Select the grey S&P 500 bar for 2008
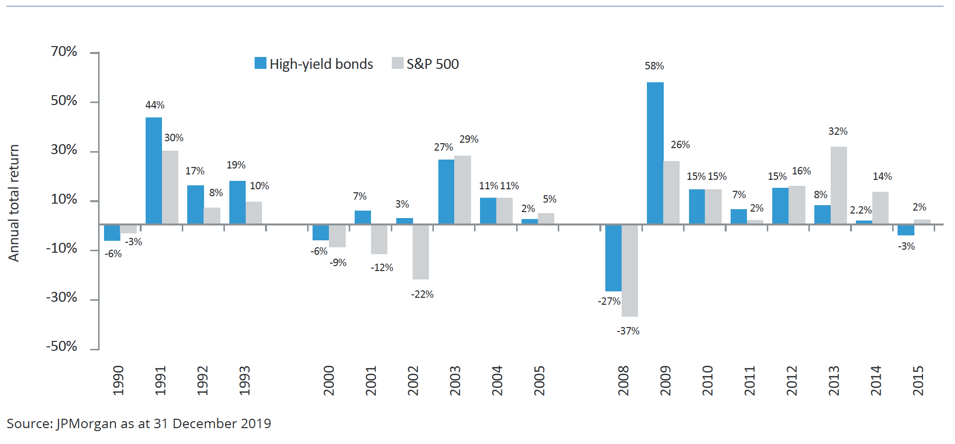point(630,271)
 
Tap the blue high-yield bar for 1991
point(154,170)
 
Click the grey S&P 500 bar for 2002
point(421,252)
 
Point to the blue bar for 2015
point(905,230)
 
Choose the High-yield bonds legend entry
point(314,64)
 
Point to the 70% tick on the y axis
point(64,52)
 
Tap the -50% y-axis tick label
point(61,346)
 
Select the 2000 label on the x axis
point(329,381)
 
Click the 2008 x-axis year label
point(623,381)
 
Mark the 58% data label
point(654,66)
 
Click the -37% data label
point(628,331)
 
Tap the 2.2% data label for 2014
point(860,210)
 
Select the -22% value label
point(422,294)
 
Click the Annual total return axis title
point(14,203)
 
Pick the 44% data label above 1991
point(155,105)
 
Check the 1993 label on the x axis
point(245,381)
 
